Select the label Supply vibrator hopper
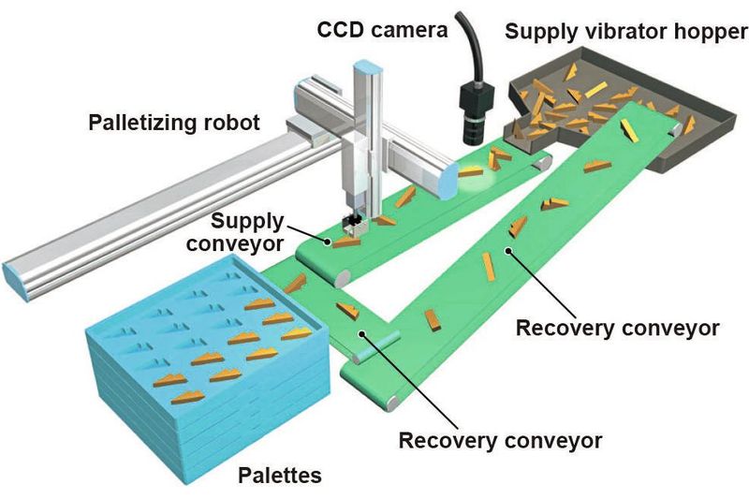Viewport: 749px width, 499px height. (625, 32)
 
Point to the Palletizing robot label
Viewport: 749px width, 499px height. (173, 122)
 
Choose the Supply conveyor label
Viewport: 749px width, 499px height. (247, 233)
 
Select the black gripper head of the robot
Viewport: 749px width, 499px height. (352, 222)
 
